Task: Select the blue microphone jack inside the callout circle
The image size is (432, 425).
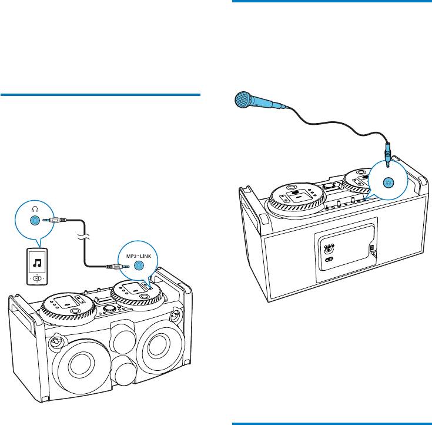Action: [389, 183]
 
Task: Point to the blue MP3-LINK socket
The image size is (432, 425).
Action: [139, 265]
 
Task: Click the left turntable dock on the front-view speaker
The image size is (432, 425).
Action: [66, 305]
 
